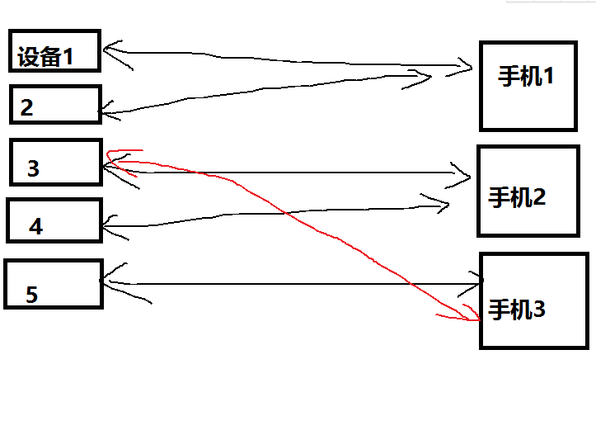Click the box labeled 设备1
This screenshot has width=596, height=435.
click(54, 51)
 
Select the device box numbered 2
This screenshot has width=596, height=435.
click(55, 105)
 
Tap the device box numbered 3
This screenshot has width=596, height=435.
click(55, 162)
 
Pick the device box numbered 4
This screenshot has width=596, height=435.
click(54, 220)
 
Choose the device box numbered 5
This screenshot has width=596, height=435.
click(53, 284)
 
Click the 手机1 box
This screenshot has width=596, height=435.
click(528, 85)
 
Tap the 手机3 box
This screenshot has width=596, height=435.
click(533, 300)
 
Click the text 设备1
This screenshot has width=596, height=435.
click(46, 58)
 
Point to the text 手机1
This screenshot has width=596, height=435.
click(526, 77)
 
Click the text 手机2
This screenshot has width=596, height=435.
click(518, 198)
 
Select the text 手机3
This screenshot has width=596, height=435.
click(517, 310)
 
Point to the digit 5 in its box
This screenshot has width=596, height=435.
click(31, 296)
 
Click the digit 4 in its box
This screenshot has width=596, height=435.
click(35, 227)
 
